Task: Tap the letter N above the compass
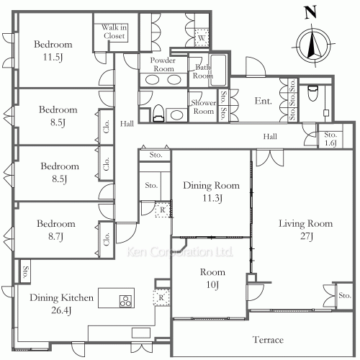click(310, 12)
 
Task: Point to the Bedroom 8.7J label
click(57, 230)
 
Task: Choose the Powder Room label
click(163, 65)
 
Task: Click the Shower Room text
click(204, 106)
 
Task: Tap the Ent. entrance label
click(263, 102)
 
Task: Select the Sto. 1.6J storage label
click(330, 139)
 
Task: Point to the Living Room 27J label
click(306, 230)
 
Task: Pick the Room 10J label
click(212, 279)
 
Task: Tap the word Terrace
click(267, 339)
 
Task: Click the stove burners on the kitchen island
click(124, 300)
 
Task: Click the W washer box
click(202, 37)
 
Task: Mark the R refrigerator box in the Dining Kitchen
click(161, 297)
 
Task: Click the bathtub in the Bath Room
click(218, 71)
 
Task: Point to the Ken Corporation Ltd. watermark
click(180, 253)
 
